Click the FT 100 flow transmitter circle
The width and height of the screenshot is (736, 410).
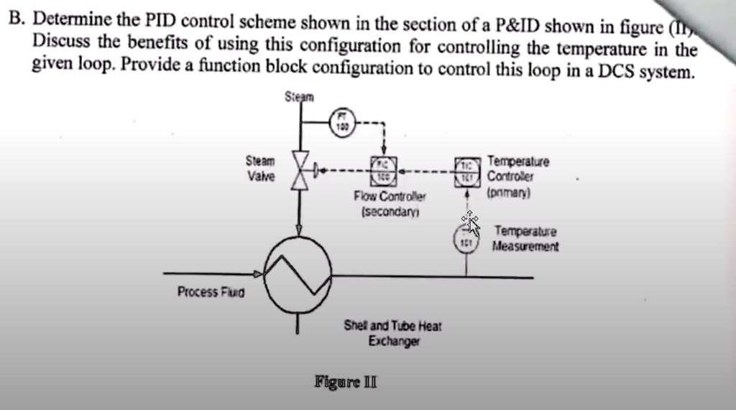pos(342,120)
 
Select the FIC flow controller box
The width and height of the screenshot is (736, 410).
pos(384,172)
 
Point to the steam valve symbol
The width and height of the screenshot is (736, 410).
pos(298,172)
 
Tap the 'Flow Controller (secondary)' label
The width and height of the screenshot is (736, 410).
pos(390,203)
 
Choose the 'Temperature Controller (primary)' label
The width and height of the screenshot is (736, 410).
pos(517,177)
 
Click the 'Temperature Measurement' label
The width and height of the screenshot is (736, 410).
pos(525,239)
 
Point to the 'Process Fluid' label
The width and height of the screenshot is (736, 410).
pos(211,292)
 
